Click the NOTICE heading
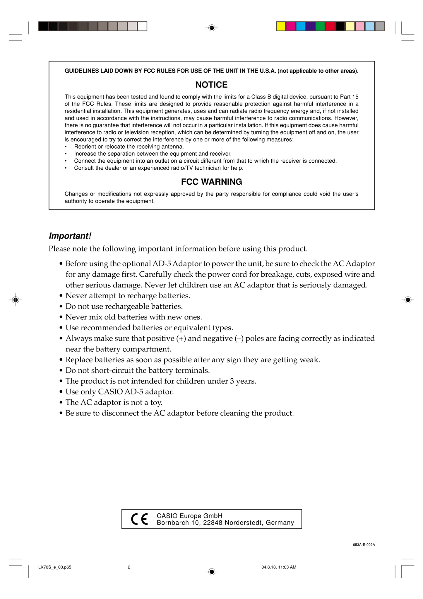click(211, 85)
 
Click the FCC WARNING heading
click(211, 182)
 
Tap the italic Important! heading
click(70, 236)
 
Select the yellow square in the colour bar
click(281, 26)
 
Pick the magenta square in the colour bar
click(291, 26)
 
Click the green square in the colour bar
click(320, 26)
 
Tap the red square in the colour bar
click(330, 26)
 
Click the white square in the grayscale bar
click(142, 26)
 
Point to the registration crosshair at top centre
click(212, 28)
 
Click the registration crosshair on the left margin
click(16, 299)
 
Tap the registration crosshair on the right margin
click(408, 299)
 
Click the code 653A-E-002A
click(364, 545)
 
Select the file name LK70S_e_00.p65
click(55, 567)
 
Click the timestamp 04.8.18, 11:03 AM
click(279, 567)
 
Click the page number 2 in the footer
click(129, 567)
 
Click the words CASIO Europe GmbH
click(190, 516)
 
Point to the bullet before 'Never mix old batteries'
click(61, 317)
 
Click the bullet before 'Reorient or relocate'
click(66, 147)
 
